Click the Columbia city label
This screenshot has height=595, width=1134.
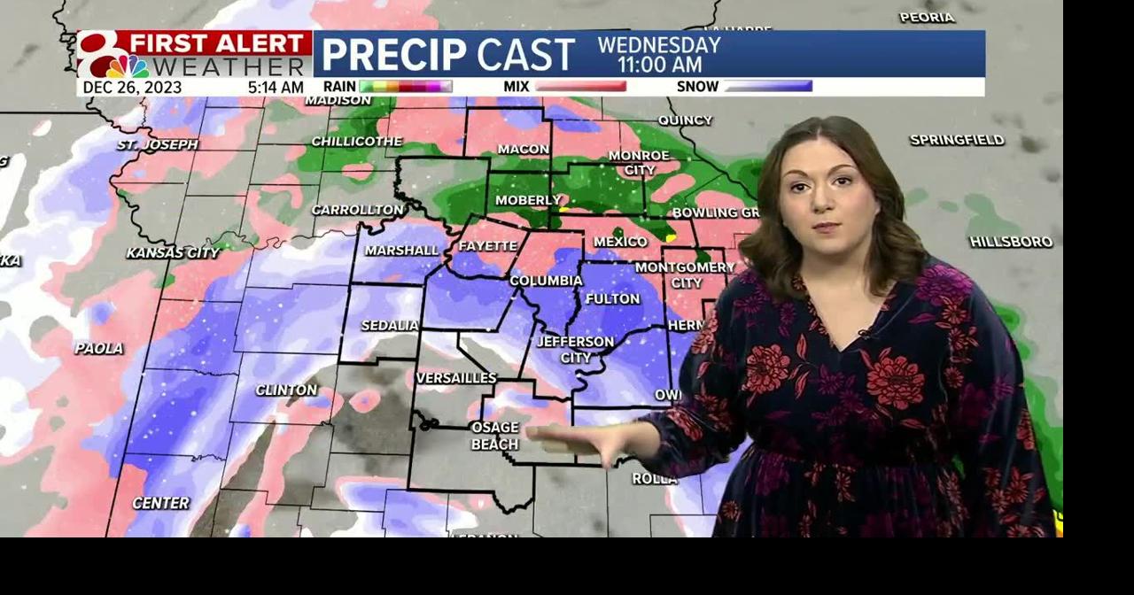[546, 281]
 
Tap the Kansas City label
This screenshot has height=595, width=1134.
[173, 253]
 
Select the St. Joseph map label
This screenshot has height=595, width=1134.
[158, 144]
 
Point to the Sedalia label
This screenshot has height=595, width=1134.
[390, 326]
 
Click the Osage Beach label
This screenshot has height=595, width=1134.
[494, 437]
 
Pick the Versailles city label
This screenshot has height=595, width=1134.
[456, 378]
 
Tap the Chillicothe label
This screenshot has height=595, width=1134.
[356, 142]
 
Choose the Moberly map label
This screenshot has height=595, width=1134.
[528, 200]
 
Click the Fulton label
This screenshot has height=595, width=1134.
[612, 299]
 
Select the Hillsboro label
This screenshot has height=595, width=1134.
[1011, 242]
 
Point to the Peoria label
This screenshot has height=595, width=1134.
[927, 18]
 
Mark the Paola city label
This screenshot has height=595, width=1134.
[99, 349]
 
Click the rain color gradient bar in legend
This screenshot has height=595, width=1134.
[406, 87]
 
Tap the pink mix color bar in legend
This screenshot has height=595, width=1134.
[579, 87]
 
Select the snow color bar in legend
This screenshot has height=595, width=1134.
[767, 87]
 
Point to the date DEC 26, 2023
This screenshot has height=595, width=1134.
[132, 88]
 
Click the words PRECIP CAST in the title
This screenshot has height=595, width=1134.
[447, 55]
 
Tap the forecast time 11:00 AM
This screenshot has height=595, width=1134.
[659, 65]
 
